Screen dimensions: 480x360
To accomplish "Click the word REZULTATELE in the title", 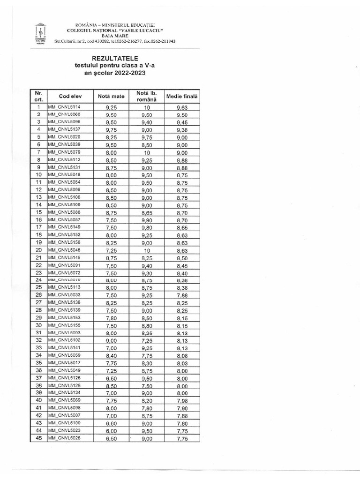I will pyautogui.click(x=115, y=58).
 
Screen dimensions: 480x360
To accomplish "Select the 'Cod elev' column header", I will pyautogui.click(x=70, y=96).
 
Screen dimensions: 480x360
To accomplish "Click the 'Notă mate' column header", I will pyautogui.click(x=111, y=96).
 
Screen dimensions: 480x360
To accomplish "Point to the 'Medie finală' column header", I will pyautogui.click(x=182, y=96).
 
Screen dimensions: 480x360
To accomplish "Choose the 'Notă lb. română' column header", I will pyautogui.click(x=146, y=96).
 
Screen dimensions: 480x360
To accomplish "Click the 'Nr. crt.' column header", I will pyautogui.click(x=38, y=96).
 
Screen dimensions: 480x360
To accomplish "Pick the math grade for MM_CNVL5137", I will pyautogui.click(x=111, y=130).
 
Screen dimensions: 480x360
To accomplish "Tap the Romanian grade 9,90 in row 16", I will pyautogui.click(x=146, y=219).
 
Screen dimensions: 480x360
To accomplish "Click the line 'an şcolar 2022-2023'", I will pyautogui.click(x=115, y=74).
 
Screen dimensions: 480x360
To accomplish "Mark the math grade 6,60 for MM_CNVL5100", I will pyautogui.click(x=111, y=423).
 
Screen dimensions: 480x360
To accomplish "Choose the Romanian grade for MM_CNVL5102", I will pyautogui.click(x=146, y=340).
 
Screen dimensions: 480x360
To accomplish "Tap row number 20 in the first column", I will pyautogui.click(x=39, y=250).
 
